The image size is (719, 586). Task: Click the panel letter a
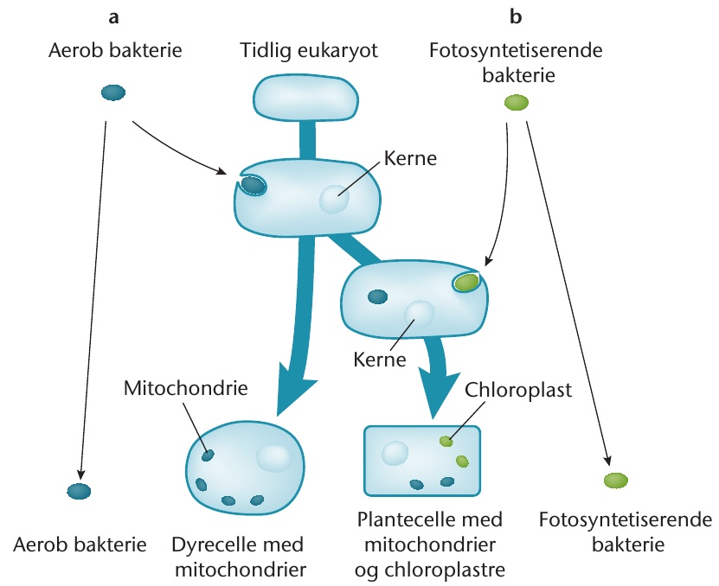(x=113, y=18)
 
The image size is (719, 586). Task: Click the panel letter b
(x=516, y=16)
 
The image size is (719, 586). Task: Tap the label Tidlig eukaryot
(x=310, y=50)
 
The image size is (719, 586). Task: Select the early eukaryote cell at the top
(x=305, y=99)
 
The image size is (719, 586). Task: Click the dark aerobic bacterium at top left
(x=113, y=92)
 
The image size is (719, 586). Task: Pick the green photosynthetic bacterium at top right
(x=517, y=102)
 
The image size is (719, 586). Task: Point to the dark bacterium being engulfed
(x=253, y=185)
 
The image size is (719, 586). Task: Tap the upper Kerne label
(x=410, y=158)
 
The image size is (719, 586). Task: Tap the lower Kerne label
(x=380, y=360)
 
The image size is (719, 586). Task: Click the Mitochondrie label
(x=186, y=388)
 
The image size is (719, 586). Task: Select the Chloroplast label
(x=518, y=391)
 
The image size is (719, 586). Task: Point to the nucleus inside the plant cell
(x=395, y=453)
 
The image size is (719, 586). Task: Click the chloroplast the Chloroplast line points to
(x=446, y=441)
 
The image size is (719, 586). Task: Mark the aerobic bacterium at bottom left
(x=79, y=491)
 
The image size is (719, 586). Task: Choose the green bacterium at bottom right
(x=616, y=481)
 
